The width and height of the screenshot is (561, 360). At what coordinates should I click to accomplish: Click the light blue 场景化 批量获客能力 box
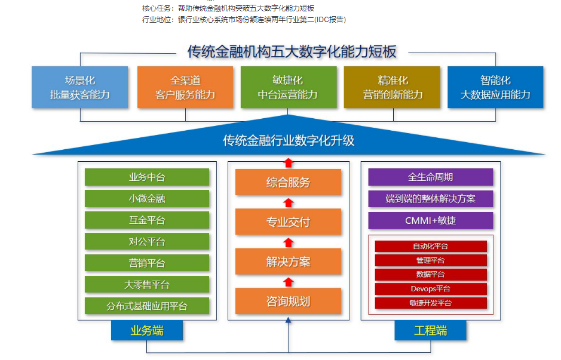coord(80,87)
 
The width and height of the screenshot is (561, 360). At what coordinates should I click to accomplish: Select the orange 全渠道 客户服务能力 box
coord(185,87)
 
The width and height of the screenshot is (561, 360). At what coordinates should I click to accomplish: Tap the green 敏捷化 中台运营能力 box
coord(289,87)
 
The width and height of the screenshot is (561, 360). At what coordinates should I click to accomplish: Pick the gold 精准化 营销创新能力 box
coord(392,87)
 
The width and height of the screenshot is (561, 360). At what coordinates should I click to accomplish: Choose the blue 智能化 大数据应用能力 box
coord(495,87)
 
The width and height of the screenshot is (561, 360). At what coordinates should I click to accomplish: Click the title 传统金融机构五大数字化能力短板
coord(292,52)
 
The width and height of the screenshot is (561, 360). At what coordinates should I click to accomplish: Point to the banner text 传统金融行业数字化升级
coord(289,140)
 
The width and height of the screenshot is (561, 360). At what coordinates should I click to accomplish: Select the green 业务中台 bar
coord(147,177)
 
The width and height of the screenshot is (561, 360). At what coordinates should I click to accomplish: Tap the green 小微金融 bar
coord(147,198)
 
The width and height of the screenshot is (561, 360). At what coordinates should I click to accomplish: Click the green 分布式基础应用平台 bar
coord(147,306)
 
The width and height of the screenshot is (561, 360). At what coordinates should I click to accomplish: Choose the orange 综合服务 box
coord(289,182)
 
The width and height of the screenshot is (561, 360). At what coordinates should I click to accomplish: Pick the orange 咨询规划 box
coord(289,301)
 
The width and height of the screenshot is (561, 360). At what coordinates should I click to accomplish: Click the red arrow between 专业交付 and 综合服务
coord(289,203)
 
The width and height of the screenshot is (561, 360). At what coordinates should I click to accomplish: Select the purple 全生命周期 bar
coord(431,177)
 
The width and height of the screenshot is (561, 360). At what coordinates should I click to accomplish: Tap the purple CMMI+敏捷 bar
coord(431,220)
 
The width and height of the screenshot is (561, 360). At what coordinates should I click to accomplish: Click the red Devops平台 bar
coord(431,289)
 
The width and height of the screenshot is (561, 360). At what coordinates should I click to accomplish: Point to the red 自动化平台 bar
coord(431,246)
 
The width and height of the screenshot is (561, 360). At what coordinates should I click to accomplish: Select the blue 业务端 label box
coord(147,330)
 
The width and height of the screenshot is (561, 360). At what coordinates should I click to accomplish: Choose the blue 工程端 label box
coord(430,330)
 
